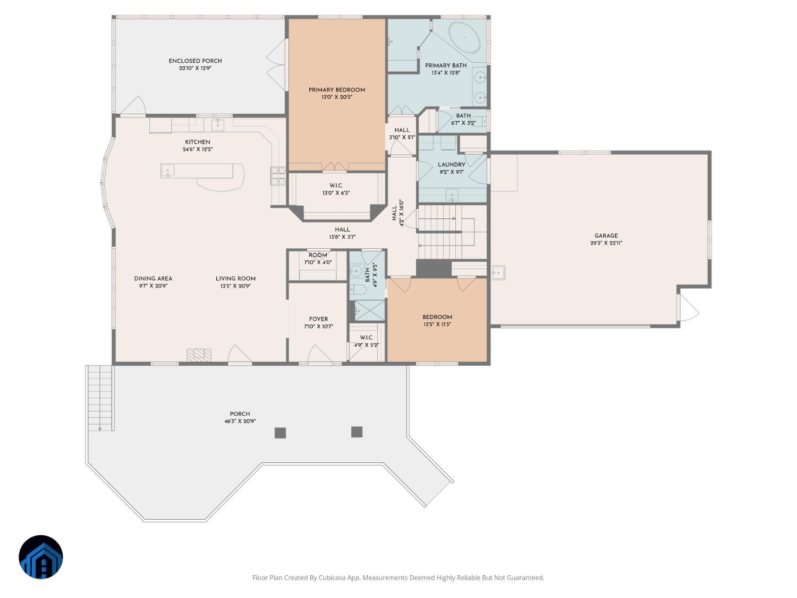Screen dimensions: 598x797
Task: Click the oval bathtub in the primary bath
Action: [x=465, y=37]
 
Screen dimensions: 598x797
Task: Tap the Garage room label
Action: [x=606, y=235]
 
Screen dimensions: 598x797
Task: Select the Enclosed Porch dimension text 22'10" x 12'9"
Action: [x=196, y=69]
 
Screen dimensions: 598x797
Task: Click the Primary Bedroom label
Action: [x=337, y=90]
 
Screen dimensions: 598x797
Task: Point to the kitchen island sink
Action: [x=167, y=171]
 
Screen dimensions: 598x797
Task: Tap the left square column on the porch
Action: [x=280, y=433]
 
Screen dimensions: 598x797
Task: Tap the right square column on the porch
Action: [x=357, y=432]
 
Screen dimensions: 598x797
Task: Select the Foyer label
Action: [x=318, y=319]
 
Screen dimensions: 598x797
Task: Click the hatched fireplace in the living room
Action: [x=199, y=355]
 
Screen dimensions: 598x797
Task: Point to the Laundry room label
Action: [x=451, y=165]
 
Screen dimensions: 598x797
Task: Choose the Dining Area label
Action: [x=153, y=279]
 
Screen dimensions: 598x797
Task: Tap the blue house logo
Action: [x=41, y=557]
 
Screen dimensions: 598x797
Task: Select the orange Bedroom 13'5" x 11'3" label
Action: [x=437, y=317]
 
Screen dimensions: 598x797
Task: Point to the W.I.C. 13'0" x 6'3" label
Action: [x=336, y=186]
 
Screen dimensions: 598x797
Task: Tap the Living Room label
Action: [x=235, y=279]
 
